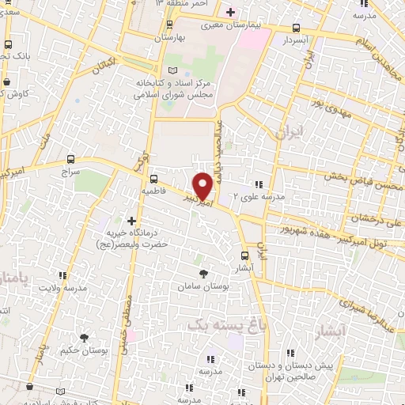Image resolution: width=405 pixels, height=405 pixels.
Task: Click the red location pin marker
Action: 203,185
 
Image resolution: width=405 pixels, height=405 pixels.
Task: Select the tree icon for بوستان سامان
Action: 204,273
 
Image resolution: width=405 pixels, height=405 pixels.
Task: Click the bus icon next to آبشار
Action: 244,255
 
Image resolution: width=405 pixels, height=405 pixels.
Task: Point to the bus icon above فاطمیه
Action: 153,179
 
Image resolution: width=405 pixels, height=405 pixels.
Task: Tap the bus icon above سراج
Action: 71,159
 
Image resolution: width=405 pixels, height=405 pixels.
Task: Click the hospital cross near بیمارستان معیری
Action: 231,12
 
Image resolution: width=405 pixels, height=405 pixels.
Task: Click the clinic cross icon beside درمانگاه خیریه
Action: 131,221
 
